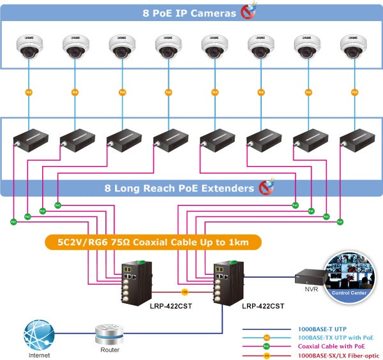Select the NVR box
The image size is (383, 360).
pyautogui.click(x=309, y=277)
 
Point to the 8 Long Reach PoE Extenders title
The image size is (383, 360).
pyautogui.click(x=179, y=188)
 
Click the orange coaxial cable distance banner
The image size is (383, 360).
pyautogui.click(x=153, y=242)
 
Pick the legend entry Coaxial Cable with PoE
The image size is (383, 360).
pyautogui.click(x=327, y=346)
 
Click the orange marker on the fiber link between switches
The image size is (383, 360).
pyautogui.click(x=185, y=292)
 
